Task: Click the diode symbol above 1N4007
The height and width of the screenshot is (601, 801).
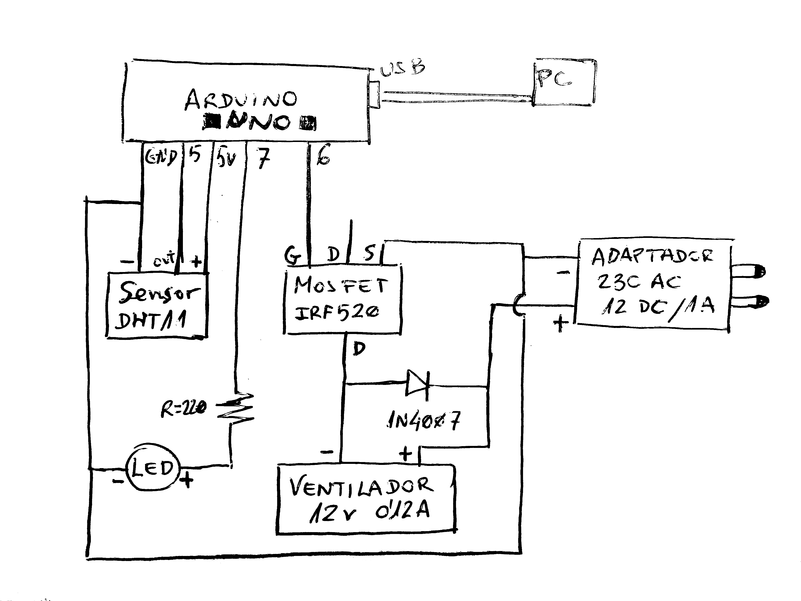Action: (x=417, y=384)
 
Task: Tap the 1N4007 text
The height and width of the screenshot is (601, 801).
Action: (x=424, y=421)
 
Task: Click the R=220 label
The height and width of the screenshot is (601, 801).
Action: (x=183, y=409)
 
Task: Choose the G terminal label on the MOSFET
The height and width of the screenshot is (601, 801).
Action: (x=293, y=255)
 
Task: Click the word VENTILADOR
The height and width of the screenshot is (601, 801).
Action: (x=361, y=487)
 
